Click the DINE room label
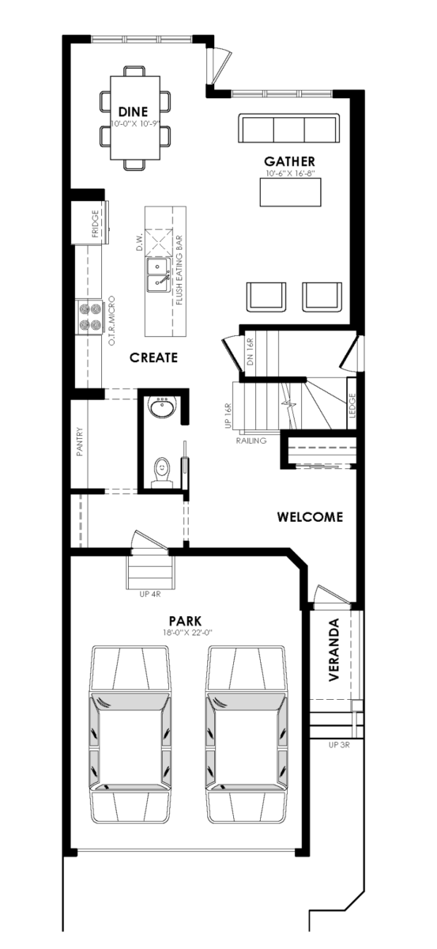coord(133,112)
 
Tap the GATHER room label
coord(290,161)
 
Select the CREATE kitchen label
coord(153,357)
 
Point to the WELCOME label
coord(310,517)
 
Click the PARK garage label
coord(185,621)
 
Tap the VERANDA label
coord(334,650)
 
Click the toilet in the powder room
coord(161,471)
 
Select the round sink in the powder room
coord(160,407)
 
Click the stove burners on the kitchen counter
coord(90,317)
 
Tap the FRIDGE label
coord(95,224)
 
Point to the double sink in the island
coord(158,276)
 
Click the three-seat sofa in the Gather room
coord(289,128)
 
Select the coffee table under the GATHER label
coord(290,192)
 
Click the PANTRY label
coord(80,442)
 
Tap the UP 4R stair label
coord(150,595)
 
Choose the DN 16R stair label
coord(250,352)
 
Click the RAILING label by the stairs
coord(251,440)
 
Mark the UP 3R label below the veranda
coord(339,745)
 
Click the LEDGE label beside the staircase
coord(352,406)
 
